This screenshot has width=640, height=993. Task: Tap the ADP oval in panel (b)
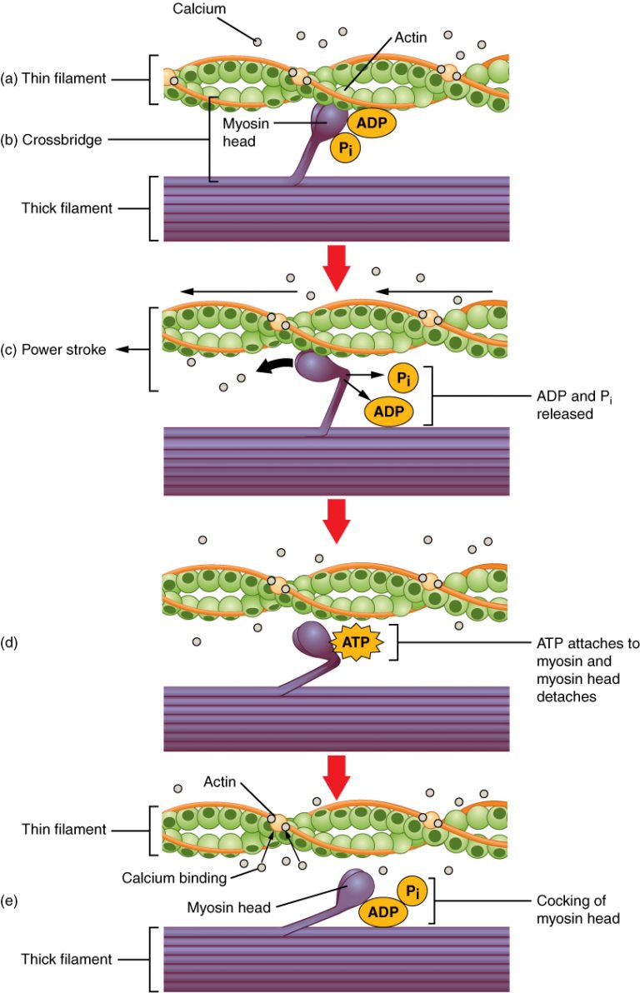pyautogui.click(x=371, y=121)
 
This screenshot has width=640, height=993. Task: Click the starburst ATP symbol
pyautogui.click(x=357, y=643)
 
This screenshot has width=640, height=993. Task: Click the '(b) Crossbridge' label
pyautogui.click(x=52, y=140)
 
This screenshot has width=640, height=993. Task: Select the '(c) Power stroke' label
pyautogui.click(x=54, y=350)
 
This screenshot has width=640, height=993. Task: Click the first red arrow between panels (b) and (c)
pyautogui.click(x=336, y=265)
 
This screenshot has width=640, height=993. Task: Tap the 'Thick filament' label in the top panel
pyautogui.click(x=67, y=208)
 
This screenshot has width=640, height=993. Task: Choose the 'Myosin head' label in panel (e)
pyautogui.click(x=231, y=907)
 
